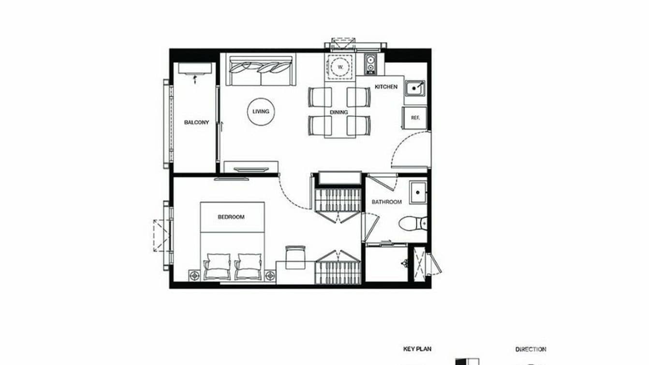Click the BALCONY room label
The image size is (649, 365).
click(x=196, y=122)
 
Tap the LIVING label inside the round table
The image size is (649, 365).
click(x=261, y=112)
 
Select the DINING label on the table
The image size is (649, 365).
click(x=339, y=112)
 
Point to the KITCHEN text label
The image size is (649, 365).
click(x=386, y=87)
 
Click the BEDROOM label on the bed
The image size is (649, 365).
click(x=231, y=217)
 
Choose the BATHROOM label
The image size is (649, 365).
click(x=386, y=202)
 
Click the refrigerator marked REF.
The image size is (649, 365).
click(x=415, y=118)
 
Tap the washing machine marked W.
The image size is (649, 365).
click(x=340, y=66)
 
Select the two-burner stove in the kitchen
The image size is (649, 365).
click(x=370, y=63)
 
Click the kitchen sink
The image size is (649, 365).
click(x=415, y=88)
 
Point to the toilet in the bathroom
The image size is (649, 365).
click(x=413, y=223)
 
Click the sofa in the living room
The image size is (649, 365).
click(x=262, y=71)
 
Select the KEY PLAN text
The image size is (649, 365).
click(x=417, y=349)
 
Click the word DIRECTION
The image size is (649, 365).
click(x=531, y=349)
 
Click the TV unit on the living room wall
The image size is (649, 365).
click(x=252, y=169)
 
